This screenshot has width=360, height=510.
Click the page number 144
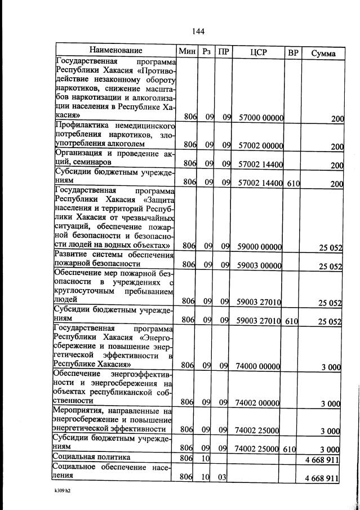pyautogui.click(x=197, y=30)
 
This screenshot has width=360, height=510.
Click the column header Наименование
pyautogui.click(x=115, y=52)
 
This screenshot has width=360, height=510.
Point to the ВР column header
pyautogui.click(x=292, y=53)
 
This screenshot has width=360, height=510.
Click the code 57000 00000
pyautogui.click(x=260, y=117)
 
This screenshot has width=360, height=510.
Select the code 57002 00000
pyautogui.click(x=260, y=145)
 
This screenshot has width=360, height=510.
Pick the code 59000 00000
pyautogui.click(x=260, y=246)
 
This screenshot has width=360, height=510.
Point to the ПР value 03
pyautogui.click(x=222, y=478)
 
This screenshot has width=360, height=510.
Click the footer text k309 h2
pyautogui.click(x=58, y=498)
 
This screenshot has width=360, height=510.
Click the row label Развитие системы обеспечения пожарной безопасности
pyautogui.click(x=112, y=259)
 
